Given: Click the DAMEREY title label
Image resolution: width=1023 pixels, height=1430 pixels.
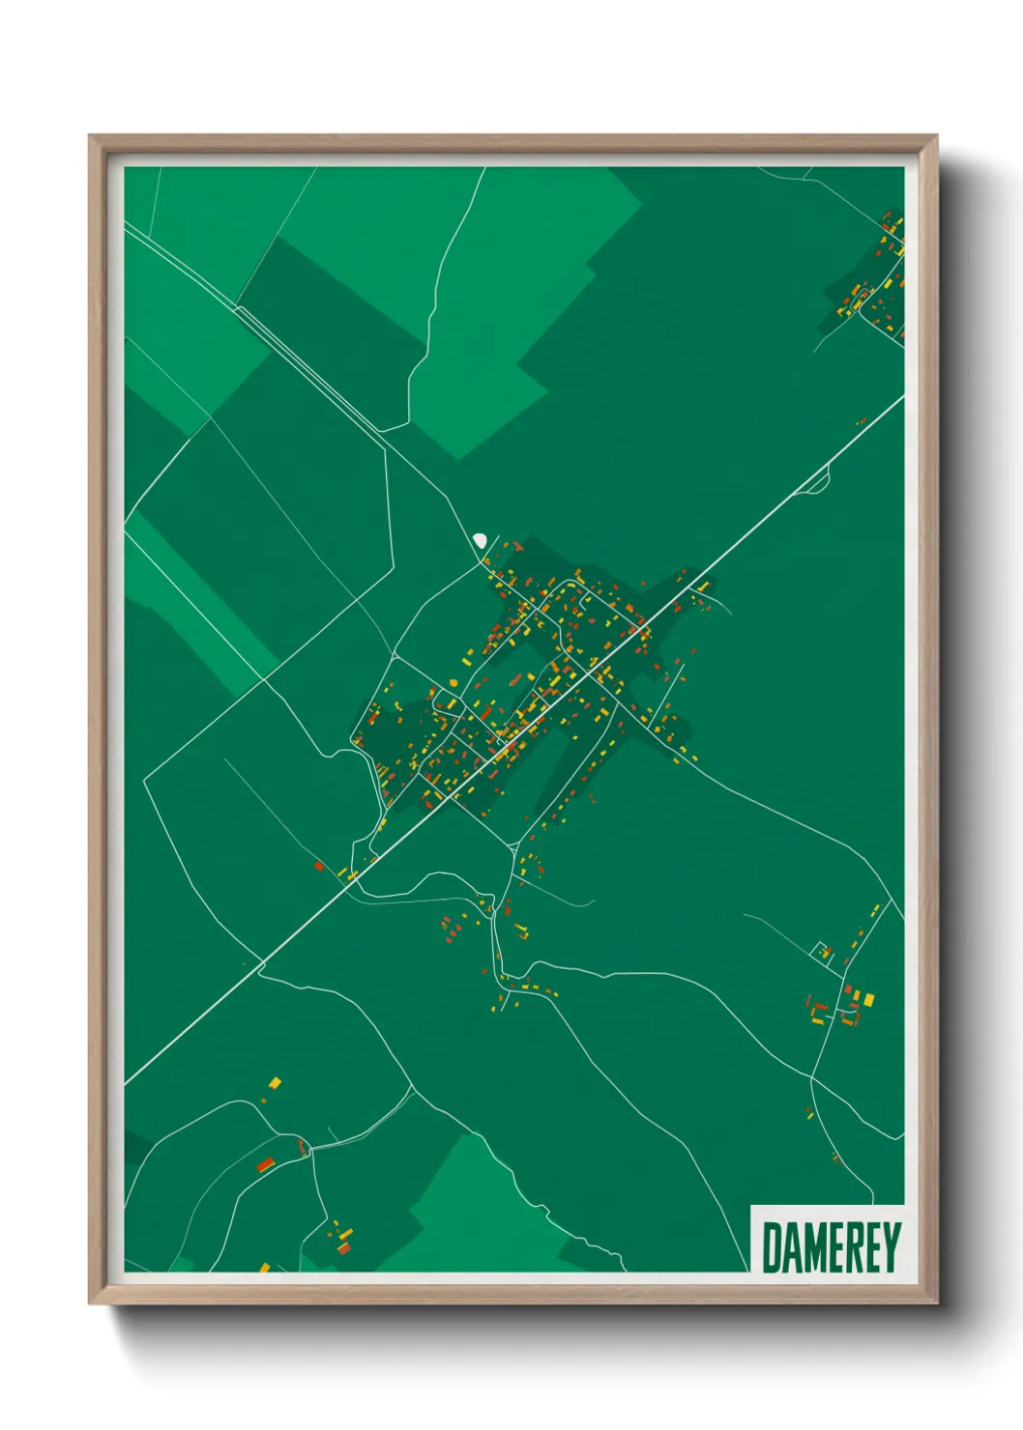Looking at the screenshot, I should (x=830, y=1246).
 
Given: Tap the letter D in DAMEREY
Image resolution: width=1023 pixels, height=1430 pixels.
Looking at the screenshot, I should (x=773, y=1247).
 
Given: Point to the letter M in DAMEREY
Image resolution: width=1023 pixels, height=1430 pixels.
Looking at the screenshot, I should (x=815, y=1247).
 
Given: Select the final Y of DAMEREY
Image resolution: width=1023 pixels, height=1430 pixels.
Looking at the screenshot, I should (x=891, y=1247).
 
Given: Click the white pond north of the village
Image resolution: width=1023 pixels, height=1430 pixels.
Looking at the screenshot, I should (x=480, y=540).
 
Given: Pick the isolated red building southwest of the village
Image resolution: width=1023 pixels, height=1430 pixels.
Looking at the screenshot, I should (x=318, y=867).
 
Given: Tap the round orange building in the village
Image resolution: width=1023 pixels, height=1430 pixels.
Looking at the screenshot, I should (x=453, y=683).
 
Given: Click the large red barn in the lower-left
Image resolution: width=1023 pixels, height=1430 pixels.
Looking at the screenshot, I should (x=265, y=1164).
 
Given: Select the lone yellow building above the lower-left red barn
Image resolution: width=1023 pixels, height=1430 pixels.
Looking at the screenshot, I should (x=274, y=1083).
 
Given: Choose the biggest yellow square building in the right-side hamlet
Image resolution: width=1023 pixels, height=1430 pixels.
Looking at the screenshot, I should (x=868, y=998).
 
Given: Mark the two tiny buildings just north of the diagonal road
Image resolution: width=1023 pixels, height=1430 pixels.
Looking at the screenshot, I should (x=862, y=420).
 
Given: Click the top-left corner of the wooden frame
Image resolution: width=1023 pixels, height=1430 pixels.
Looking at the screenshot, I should (x=90, y=137).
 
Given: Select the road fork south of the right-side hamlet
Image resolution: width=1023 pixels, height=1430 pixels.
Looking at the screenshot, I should (x=815, y=1076).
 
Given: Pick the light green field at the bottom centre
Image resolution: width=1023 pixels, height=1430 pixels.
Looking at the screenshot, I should (x=464, y=1208).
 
